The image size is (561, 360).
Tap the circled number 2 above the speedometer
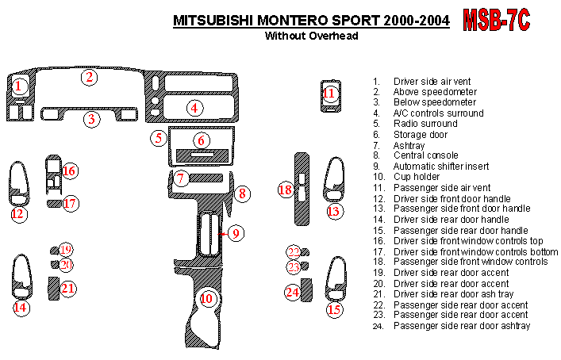(90, 77)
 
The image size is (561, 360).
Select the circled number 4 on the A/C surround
(194, 108)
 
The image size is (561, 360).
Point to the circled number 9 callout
(235, 232)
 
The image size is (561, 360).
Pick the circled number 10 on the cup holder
(207, 299)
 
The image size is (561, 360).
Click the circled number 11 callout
(330, 94)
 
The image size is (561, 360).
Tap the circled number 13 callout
(334, 211)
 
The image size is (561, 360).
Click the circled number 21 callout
(68, 288)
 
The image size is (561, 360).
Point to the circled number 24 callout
(293, 293)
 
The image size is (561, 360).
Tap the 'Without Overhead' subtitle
(312, 36)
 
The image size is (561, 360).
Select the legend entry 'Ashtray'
(411, 145)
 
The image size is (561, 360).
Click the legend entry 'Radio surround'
(425, 124)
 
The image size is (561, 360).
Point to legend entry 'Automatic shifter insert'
(441, 167)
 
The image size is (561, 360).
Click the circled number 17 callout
(70, 204)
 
